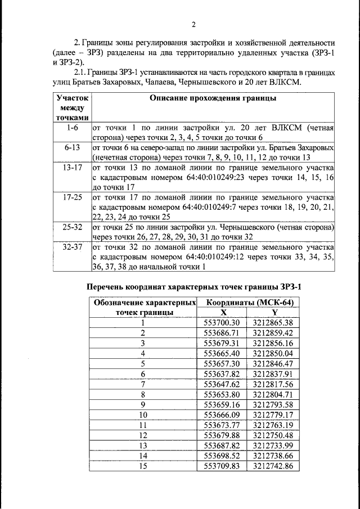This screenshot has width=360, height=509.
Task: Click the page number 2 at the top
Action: tap(193, 24)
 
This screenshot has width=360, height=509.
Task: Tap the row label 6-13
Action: tap(73, 147)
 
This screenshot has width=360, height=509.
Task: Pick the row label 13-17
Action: tap(73, 167)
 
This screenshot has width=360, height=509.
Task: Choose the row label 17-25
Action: tap(73, 197)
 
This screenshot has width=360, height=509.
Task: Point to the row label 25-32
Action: tap(73, 227)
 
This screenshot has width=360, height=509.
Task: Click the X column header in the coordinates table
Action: tap(223, 312)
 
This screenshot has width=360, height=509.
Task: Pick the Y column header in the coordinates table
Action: tap(274, 312)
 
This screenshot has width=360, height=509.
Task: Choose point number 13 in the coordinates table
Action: tap(143, 445)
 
